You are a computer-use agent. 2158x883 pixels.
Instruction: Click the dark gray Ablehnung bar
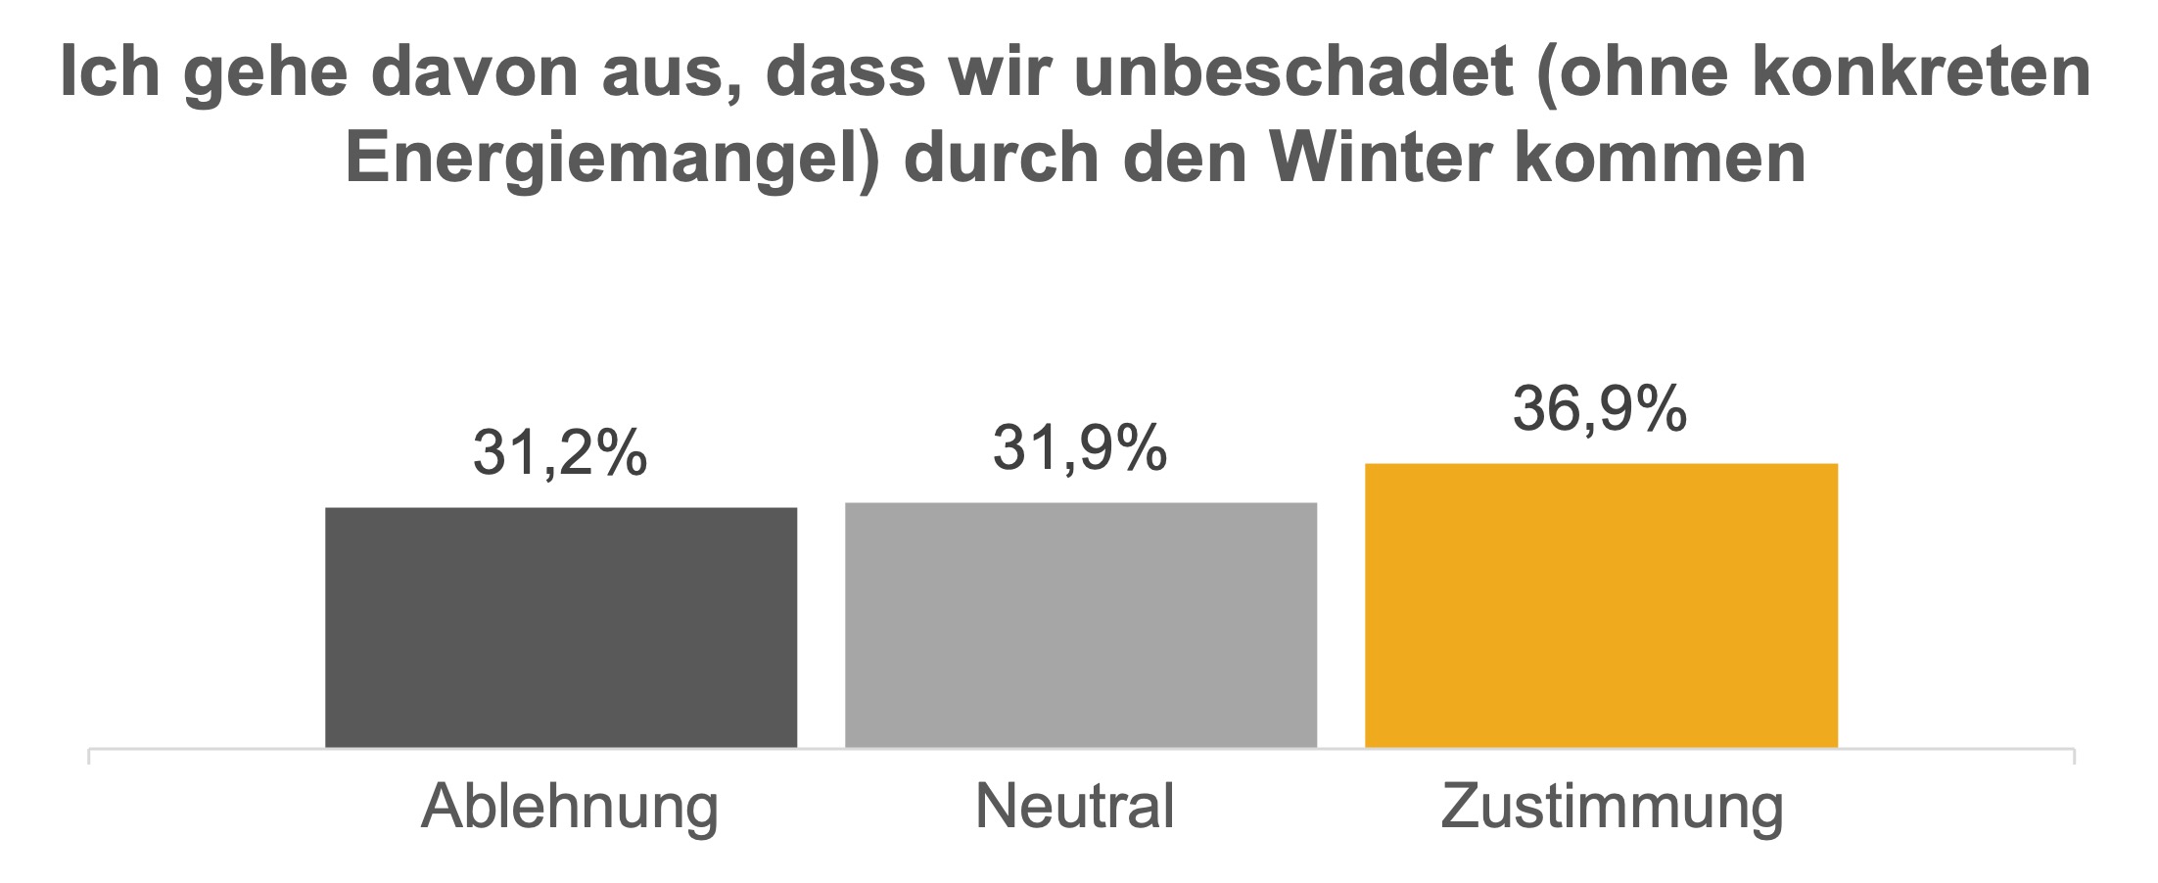click(561, 627)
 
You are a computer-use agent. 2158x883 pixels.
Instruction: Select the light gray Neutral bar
click(1081, 625)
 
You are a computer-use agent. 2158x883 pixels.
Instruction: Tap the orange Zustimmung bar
click(1601, 605)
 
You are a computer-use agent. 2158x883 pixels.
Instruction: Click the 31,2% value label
click(560, 453)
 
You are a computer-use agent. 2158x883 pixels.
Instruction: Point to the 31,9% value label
click(1080, 448)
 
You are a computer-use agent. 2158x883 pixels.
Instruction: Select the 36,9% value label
click(1600, 408)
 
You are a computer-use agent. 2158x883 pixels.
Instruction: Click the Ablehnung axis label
click(570, 808)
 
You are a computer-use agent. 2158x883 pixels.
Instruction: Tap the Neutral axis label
click(1075, 808)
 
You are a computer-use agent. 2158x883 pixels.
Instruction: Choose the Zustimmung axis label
click(1612, 808)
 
